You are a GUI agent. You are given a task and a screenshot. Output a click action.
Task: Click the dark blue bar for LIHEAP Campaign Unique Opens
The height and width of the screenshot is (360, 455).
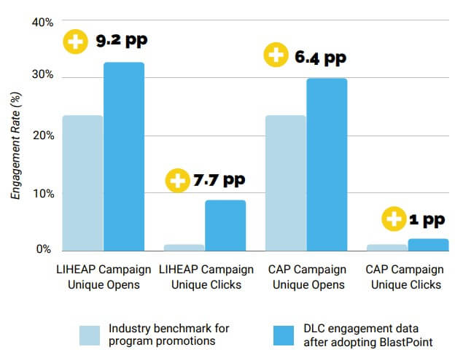[x=124, y=157]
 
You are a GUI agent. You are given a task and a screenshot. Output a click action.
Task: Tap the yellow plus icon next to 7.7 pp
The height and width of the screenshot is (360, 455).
[x=177, y=180]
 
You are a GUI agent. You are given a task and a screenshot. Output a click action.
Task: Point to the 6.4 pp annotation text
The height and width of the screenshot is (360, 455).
[x=320, y=56]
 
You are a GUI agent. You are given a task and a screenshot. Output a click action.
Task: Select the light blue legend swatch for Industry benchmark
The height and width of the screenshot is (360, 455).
[x=90, y=334]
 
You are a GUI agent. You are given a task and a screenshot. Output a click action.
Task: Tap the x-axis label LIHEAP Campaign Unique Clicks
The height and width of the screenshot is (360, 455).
[x=206, y=277]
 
